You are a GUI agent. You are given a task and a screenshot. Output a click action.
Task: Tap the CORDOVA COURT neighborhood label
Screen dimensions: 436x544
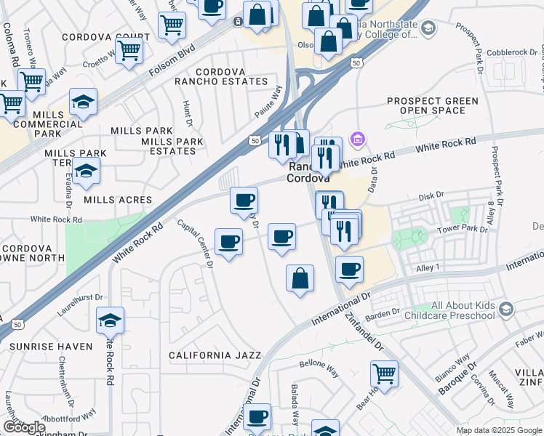[106, 37]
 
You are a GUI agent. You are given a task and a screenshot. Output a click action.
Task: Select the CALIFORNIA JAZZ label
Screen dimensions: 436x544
[215, 355]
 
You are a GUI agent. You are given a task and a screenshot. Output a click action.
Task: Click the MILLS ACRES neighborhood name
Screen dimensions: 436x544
[118, 200]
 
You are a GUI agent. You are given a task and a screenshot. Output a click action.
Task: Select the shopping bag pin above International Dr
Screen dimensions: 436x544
[300, 278]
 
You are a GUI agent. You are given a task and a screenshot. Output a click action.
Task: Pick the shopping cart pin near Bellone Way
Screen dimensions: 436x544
[384, 374]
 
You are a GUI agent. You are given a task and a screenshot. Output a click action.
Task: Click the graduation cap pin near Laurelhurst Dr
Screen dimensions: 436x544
[110, 320]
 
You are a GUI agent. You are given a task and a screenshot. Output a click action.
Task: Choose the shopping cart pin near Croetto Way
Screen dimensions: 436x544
[129, 52]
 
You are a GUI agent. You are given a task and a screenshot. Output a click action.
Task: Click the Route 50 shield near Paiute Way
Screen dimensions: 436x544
[254, 140]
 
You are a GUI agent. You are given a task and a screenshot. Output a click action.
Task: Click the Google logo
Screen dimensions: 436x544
[24, 427]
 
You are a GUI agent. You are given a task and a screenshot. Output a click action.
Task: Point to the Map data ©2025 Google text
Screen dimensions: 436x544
[498, 430]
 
